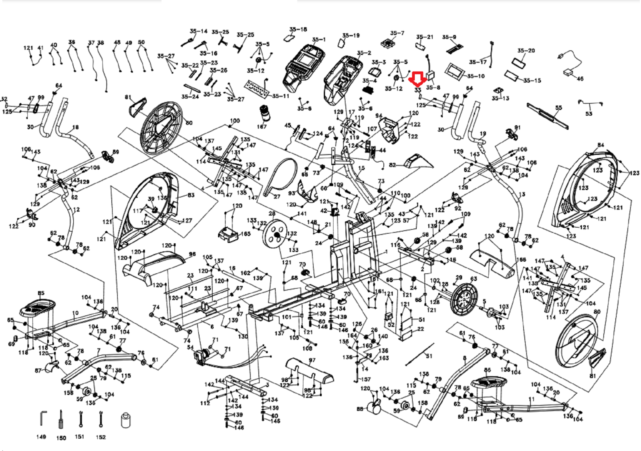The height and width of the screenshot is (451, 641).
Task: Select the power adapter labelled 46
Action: tap(568, 72)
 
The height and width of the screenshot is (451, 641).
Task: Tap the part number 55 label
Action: tap(558, 108)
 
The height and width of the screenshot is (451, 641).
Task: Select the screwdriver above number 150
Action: tap(61, 419)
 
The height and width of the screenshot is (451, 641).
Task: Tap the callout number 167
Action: tap(262, 127)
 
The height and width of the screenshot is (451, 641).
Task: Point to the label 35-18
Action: tap(298, 29)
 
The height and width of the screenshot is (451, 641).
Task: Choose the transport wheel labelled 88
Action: tap(375, 408)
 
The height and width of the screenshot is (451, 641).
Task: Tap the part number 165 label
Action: tap(245, 234)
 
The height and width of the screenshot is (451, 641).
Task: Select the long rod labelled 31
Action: tap(419, 354)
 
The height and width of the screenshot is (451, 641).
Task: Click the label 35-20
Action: tap(526, 50)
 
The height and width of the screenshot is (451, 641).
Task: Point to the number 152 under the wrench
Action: tap(101, 437)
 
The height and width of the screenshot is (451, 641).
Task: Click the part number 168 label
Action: tap(521, 260)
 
